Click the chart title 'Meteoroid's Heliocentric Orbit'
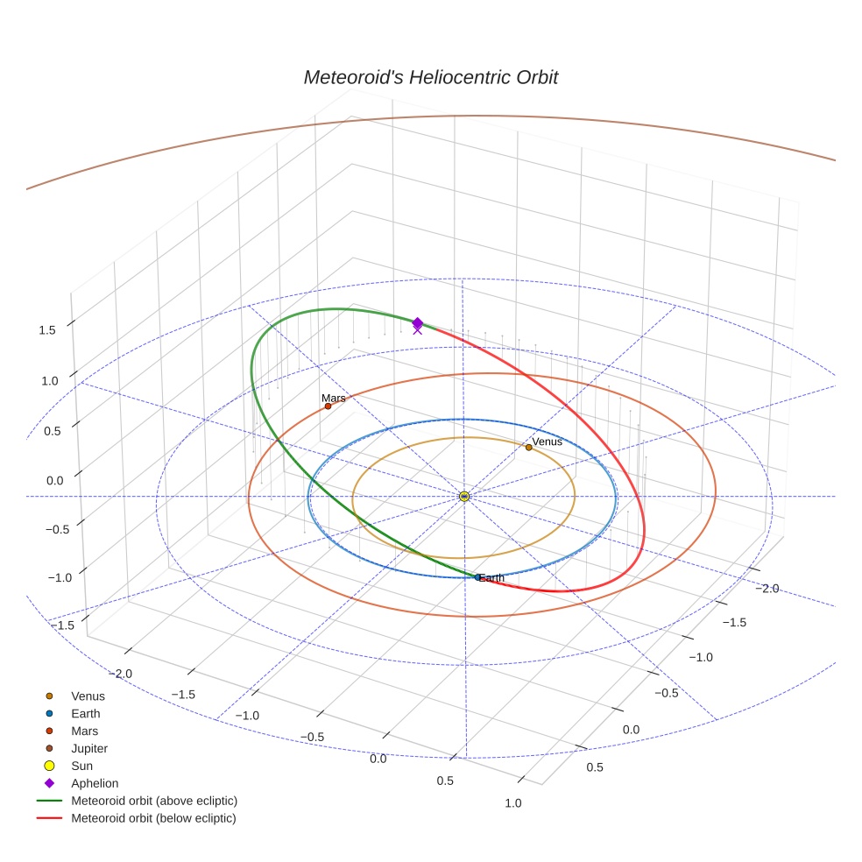pyautogui.click(x=430, y=77)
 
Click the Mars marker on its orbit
pyautogui.click(x=328, y=406)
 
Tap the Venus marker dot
pyautogui.click(x=528, y=447)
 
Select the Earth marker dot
pyautogui.click(x=477, y=576)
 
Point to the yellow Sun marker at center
pyautogui.click(x=464, y=497)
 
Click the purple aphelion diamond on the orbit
pyautogui.click(x=418, y=323)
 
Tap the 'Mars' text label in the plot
pyautogui.click(x=333, y=398)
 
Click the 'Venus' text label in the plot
pyautogui.click(x=548, y=442)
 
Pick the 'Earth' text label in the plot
pyautogui.click(x=492, y=578)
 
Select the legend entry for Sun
pyautogui.click(x=81, y=766)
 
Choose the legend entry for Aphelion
pyautogui.click(x=95, y=783)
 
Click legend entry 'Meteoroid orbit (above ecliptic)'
pyautogui.click(x=154, y=801)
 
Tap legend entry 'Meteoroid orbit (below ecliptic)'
pyautogui.click(x=153, y=818)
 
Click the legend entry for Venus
pyautogui.click(x=88, y=696)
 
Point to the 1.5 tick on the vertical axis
pyautogui.click(x=46, y=330)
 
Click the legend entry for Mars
pyautogui.click(x=85, y=731)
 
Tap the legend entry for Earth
pyautogui.click(x=86, y=714)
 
